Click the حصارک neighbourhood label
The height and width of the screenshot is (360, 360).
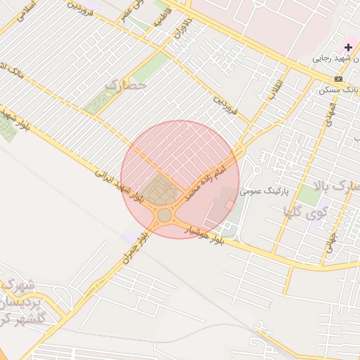click(126, 84)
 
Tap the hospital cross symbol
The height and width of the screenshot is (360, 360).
click(349, 47)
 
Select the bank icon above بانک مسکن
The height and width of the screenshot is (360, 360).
click(339, 78)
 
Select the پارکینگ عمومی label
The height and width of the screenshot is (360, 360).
click(266, 191)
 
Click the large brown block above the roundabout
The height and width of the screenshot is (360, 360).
click(161, 191)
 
